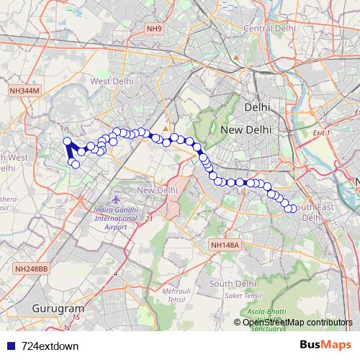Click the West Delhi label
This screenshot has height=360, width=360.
tap(109, 81)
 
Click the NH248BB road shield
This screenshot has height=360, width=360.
tap(31, 269)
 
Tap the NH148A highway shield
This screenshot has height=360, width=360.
tap(224, 246)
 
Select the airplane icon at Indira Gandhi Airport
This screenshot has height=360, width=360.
tap(118, 198)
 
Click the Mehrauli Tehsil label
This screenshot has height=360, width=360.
tap(176, 294)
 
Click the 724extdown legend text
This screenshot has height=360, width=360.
tap(50, 346)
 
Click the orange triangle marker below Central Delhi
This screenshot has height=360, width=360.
tap(236, 57)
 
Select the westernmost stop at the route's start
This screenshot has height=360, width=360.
tap(67, 141)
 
